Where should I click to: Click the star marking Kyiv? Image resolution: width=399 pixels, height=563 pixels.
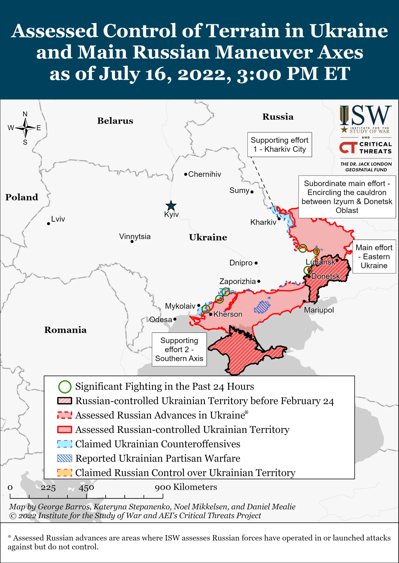coord(171,206)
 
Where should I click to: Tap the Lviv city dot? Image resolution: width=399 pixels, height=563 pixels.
coord(48,224)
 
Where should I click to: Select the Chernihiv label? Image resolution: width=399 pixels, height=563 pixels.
coord(204,174)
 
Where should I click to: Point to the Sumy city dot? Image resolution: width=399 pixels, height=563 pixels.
coord(252,192)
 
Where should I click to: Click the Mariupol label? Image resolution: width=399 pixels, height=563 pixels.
coord(319,310)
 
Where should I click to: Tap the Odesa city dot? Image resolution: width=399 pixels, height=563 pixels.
coord(175,319)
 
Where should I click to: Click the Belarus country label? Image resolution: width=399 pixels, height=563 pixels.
coord(115,121)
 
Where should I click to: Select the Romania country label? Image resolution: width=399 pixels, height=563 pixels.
coord(65,330)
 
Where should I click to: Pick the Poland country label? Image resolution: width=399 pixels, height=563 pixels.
coord(22,197)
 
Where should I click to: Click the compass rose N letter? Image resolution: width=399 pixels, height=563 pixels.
coord(25,114)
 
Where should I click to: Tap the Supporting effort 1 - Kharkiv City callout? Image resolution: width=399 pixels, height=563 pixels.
coord(279,145)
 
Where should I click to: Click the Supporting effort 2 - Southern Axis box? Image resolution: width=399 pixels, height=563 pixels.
coord(179,349)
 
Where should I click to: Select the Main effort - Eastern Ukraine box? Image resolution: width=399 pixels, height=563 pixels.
coord(374,256)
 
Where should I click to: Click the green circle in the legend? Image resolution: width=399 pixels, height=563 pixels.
coord(65,387)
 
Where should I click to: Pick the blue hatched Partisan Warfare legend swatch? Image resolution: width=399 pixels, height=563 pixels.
coord(64,458)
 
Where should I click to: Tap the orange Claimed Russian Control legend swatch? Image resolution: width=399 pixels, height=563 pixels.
coord(64,473)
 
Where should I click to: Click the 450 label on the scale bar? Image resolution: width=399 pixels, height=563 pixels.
coord(86,488)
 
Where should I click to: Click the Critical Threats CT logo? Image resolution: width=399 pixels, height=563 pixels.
coord(348,148)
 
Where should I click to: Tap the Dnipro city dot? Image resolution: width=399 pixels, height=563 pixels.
coord(256,263)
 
